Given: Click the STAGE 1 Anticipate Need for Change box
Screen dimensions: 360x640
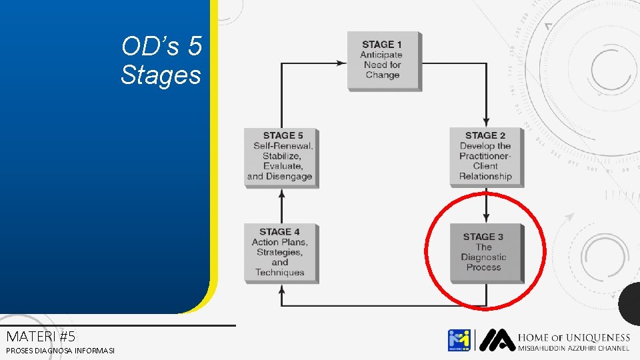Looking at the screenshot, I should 383,60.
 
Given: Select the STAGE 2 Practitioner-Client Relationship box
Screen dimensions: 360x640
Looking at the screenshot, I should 485,156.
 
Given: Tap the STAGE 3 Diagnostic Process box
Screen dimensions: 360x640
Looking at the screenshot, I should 486,252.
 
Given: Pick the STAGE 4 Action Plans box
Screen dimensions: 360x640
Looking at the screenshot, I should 280,252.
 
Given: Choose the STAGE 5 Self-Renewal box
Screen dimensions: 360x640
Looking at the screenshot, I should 280,156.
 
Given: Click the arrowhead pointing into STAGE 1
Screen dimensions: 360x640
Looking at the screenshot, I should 341,63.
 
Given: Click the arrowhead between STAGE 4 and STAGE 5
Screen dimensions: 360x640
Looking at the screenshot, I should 281,193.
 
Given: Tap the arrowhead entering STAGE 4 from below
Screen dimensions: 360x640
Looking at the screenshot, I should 281,288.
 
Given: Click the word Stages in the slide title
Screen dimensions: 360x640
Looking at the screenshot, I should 161,74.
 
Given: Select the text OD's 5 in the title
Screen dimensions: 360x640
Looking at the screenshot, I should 161,47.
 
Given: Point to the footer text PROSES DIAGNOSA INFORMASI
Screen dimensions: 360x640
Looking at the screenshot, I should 60,351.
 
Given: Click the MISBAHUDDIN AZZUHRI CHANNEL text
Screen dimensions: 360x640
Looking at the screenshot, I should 573,349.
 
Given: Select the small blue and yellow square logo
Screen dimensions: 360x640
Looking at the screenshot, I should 459,340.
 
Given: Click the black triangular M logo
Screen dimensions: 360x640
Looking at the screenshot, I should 496,339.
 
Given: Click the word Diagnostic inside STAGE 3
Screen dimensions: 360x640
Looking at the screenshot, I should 483,257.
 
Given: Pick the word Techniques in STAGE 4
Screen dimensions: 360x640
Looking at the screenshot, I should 279,273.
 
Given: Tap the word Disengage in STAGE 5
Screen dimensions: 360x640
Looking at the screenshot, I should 289,177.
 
